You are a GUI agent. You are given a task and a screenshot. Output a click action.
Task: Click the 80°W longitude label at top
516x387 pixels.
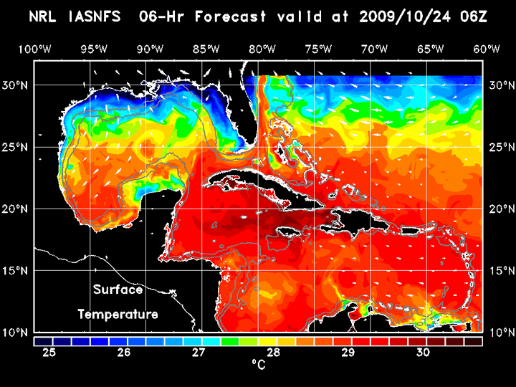tap(263, 49)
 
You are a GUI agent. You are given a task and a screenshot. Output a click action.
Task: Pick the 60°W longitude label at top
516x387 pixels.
tap(487, 49)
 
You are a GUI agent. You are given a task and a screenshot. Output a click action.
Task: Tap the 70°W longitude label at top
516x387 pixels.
tap(376, 49)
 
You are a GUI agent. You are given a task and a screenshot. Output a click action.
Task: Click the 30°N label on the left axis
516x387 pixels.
tap(17, 85)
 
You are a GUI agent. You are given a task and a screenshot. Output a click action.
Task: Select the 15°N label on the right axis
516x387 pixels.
tap(500, 271)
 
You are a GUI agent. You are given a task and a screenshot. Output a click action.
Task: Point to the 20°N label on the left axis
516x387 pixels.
tap(17, 209)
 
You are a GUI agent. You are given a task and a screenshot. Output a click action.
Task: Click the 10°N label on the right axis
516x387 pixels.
tap(500, 333)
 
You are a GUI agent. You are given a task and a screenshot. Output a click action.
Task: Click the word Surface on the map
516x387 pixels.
tap(118, 290)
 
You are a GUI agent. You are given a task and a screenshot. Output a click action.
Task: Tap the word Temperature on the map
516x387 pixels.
tap(118, 314)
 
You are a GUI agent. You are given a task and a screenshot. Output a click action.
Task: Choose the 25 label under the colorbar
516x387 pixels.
tap(49, 353)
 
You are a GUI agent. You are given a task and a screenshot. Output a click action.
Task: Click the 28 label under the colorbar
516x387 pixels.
tap(273, 353)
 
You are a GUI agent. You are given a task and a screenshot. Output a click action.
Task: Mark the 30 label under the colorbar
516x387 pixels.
tap(422, 353)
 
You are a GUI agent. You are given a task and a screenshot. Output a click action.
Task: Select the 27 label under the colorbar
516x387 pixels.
tap(199, 353)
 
